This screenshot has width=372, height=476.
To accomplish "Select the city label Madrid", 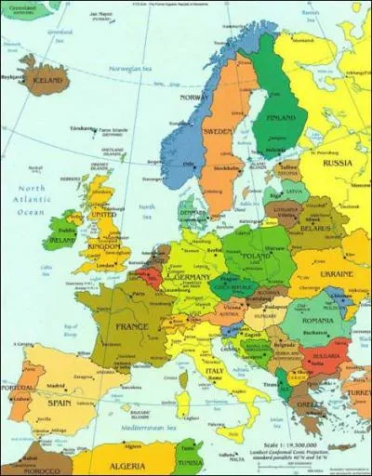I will click(57, 385).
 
